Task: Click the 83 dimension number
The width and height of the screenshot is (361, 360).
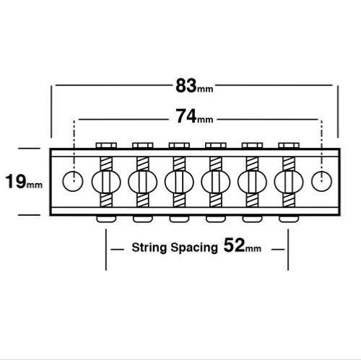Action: coord(186,86)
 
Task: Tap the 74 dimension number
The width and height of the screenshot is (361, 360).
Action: coord(186,116)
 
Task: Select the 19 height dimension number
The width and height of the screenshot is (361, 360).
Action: coord(16,182)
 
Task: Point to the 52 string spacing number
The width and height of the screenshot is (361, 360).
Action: coord(234,245)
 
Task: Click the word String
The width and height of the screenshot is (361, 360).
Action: coord(149,247)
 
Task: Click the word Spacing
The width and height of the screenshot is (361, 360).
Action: coord(194,247)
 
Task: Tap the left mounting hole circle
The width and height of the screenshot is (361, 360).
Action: coord(73,181)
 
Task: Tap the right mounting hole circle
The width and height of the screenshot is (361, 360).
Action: coord(321,181)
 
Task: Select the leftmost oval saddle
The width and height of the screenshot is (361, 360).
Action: coord(106,182)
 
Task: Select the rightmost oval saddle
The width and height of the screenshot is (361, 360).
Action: coord(289,182)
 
